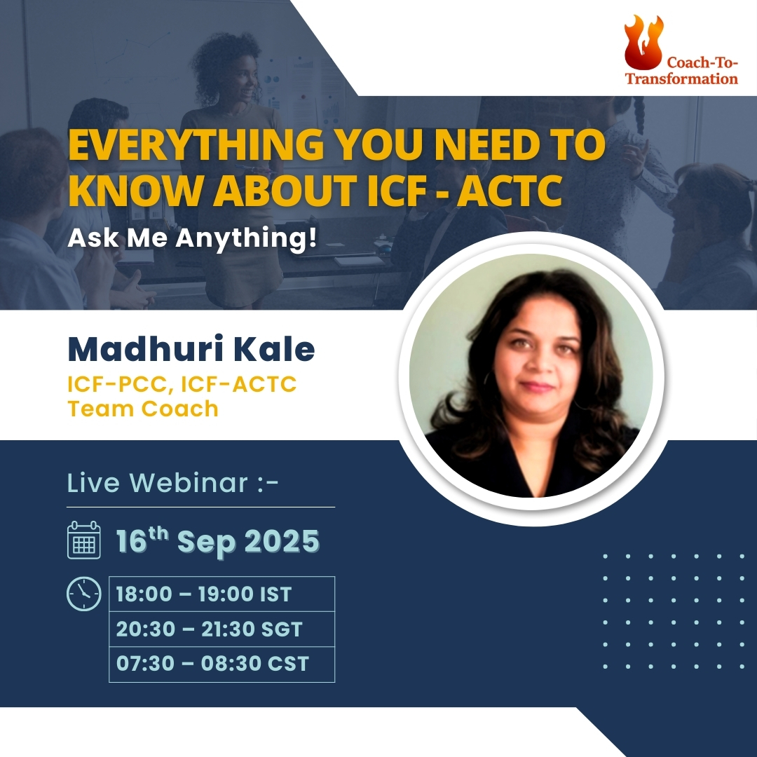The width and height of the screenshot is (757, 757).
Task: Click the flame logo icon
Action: click(643, 43)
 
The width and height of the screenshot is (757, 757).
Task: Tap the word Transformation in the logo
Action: click(681, 79)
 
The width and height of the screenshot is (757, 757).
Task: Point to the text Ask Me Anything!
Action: click(192, 238)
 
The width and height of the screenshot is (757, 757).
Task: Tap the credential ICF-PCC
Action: click(121, 385)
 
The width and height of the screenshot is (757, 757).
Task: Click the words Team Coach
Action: click(143, 409)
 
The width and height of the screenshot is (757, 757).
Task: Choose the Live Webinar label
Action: click(172, 483)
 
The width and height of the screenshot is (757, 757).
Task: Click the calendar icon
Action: click(84, 540)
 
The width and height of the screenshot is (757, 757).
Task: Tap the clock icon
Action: click(84, 594)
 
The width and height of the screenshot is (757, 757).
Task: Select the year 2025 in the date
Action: click(282, 540)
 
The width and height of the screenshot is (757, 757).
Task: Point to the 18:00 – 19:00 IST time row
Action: click(204, 594)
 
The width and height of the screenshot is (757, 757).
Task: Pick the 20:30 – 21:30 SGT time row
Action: click(209, 629)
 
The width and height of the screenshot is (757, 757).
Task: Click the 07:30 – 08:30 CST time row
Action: click(212, 664)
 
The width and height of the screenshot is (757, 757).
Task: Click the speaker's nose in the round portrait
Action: click(538, 362)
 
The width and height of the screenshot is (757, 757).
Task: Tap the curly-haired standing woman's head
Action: click(228, 67)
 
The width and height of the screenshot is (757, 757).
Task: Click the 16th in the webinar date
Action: click(142, 540)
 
